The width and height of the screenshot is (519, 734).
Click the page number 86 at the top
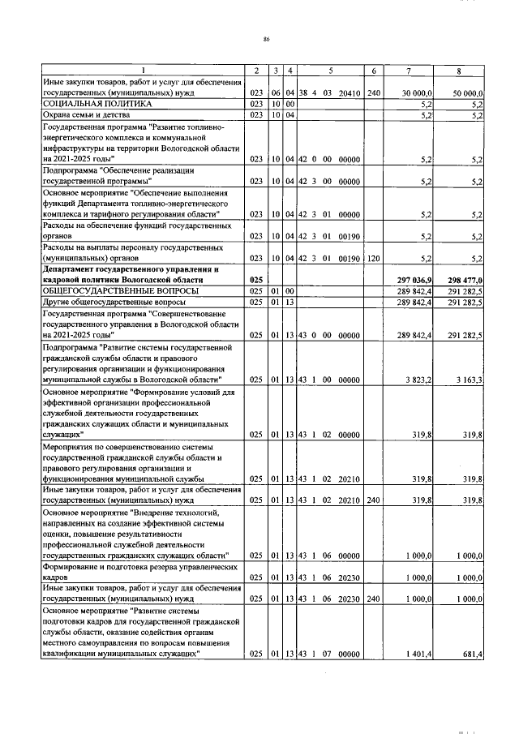coord(266,39)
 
